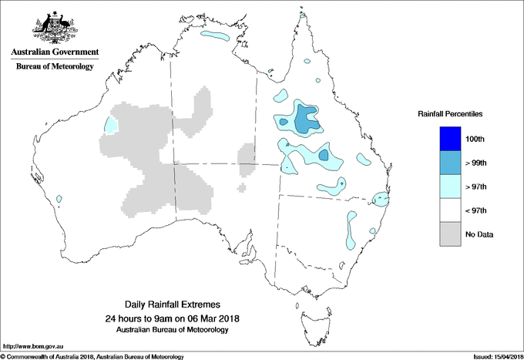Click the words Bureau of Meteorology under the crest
coord(55,66)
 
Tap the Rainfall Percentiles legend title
coord(450,114)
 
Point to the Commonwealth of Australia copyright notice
coord(92,355)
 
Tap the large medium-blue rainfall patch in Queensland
coord(307,120)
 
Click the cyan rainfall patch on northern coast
coord(215,35)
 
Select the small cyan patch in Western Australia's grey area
coord(112,125)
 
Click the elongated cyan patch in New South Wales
coord(351,229)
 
